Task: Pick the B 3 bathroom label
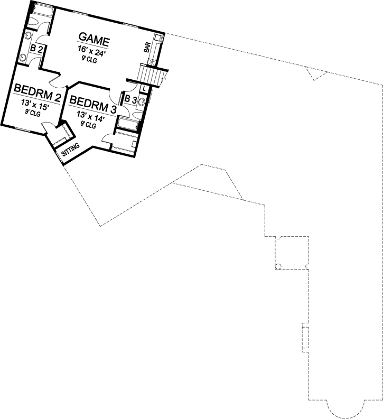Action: tap(130, 99)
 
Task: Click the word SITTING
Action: tap(71, 150)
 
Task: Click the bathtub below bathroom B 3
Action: tap(128, 125)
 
